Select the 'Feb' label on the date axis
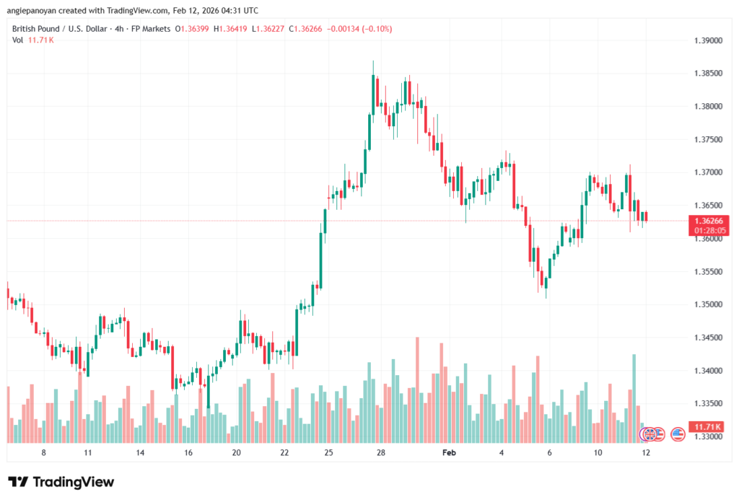450,452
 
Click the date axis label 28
381,452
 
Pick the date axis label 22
285,452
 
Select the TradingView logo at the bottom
61,482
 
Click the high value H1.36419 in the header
224,28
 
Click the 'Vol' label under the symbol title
17,40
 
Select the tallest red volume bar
417,389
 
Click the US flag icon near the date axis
677,434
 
